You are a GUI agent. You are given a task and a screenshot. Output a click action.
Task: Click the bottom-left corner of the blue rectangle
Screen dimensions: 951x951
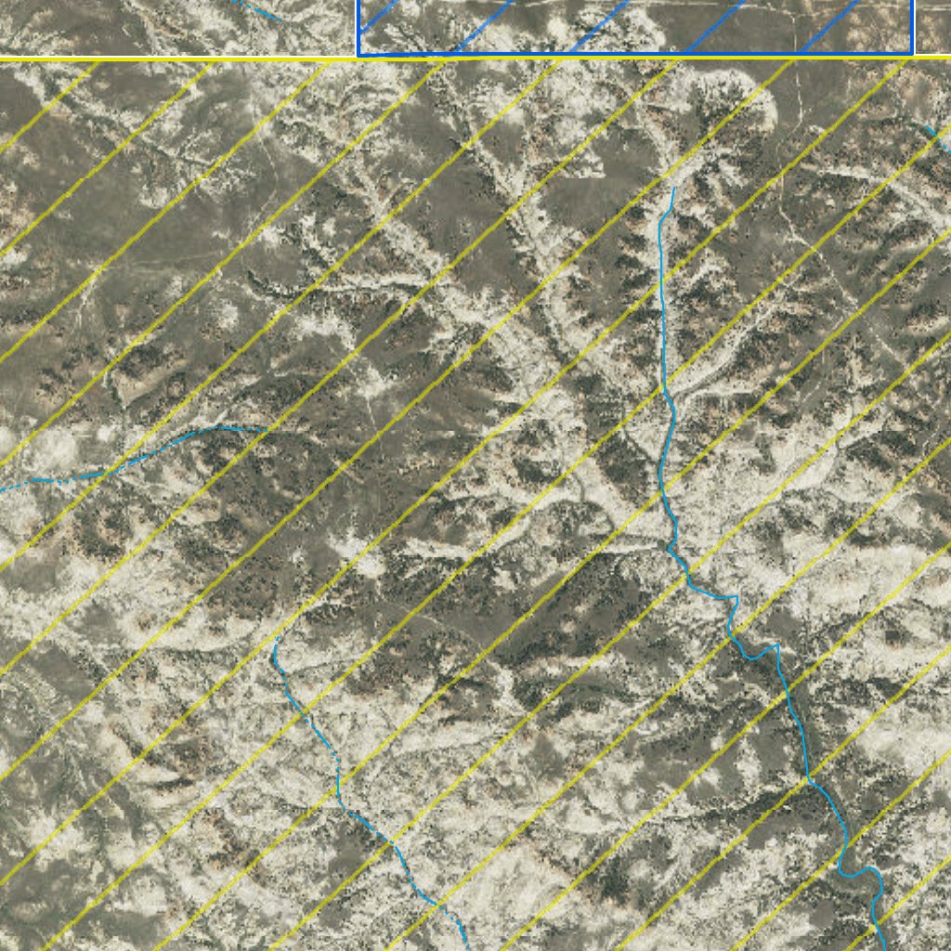pos(359,55)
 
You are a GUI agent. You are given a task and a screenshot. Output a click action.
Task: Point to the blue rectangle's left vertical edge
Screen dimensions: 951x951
pos(359,28)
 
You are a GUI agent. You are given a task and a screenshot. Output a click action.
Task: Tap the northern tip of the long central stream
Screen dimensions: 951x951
pos(674,189)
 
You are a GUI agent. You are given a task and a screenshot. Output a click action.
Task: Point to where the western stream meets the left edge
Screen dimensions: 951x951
pos(3,489)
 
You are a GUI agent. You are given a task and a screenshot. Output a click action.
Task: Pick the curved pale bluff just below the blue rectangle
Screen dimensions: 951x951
pos(743,102)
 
